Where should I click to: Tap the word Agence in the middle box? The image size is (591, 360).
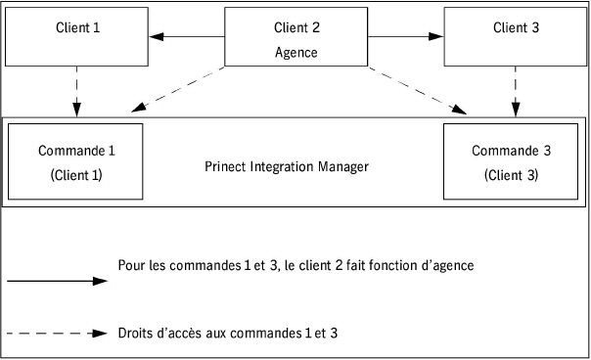295,53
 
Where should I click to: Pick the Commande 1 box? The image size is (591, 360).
75,162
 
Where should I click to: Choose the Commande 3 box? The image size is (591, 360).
512,162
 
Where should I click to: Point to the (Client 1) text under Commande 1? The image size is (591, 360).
75,176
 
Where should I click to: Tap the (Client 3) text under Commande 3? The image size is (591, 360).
512,176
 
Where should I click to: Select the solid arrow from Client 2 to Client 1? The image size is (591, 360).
187,38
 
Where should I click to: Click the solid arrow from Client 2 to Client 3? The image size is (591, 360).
404,38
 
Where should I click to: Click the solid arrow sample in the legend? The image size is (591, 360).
56,281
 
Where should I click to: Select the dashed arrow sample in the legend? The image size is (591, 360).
56,334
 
